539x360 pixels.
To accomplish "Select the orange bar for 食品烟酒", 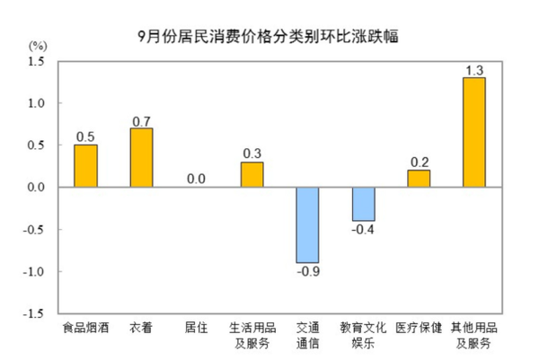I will pyautogui.click(x=85, y=166).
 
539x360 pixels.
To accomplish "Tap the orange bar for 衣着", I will pyautogui.click(x=141, y=158).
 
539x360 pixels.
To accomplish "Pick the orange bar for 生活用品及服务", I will pyautogui.click(x=252, y=174).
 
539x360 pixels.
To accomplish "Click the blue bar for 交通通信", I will pyautogui.click(x=307, y=224).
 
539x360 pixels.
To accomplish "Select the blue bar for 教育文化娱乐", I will pyautogui.click(x=363, y=204).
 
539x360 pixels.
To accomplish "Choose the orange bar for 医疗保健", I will pyautogui.click(x=419, y=179).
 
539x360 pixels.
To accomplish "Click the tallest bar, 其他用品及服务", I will pyautogui.click(x=474, y=133).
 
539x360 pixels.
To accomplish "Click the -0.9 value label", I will pyautogui.click(x=307, y=272).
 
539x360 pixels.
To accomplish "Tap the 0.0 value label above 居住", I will pyautogui.click(x=197, y=179).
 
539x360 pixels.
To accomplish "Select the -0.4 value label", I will pyautogui.click(x=363, y=231).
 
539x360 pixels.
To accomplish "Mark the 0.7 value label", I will pyautogui.click(x=141, y=119).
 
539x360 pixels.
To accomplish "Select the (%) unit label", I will pyautogui.click(x=37, y=45).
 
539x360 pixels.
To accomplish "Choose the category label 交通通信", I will pyautogui.click(x=307, y=335).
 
